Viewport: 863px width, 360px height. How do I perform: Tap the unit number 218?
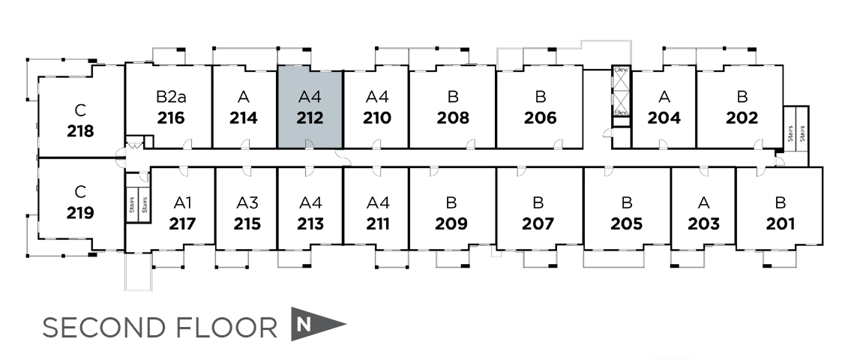[80, 131]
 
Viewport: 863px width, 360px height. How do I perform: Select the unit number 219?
[80, 212]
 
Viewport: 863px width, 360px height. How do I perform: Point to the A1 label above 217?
[183, 202]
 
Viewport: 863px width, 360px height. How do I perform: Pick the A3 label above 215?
[247, 202]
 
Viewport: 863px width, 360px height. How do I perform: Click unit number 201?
[781, 223]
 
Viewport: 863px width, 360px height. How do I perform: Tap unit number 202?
[742, 118]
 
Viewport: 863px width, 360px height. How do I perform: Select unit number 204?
[664, 118]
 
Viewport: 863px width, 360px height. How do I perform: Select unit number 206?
[541, 118]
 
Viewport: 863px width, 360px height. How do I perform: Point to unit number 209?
[451, 223]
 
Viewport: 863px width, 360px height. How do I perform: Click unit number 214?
[244, 118]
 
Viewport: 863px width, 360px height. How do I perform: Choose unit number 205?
[627, 223]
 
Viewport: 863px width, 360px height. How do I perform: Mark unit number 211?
[378, 223]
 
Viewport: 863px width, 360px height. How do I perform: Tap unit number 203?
[703, 223]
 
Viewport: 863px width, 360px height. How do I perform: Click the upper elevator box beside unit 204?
[621, 83]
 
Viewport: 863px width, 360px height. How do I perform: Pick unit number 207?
[538, 223]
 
